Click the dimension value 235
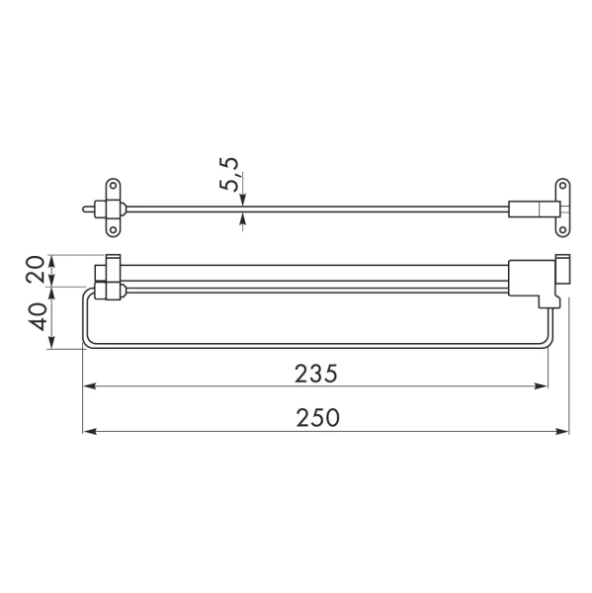316,374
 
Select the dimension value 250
318,418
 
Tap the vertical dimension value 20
36,269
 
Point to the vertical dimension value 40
37,317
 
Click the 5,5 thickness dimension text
229,174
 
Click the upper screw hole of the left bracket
113,186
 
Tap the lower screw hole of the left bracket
113,230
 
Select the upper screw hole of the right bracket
562,186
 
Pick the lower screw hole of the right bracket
562,230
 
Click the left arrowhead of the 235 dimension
89,386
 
